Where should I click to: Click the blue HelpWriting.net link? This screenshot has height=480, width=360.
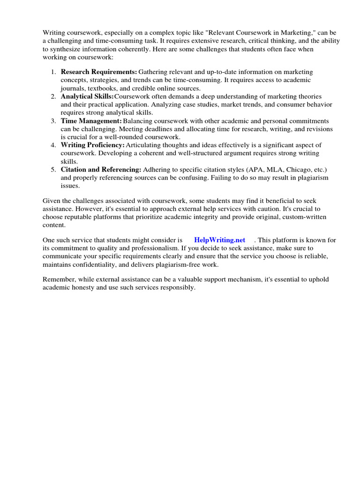[x=219, y=240]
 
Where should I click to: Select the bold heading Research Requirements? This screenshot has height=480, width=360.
[x=99, y=72]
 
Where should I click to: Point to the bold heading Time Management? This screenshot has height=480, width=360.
[x=91, y=121]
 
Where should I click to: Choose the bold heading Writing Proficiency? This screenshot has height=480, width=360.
[x=93, y=145]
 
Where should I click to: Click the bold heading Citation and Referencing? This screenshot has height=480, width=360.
[x=101, y=169]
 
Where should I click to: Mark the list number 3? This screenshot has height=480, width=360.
[x=53, y=121]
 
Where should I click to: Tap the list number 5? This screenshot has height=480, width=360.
[x=53, y=169]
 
